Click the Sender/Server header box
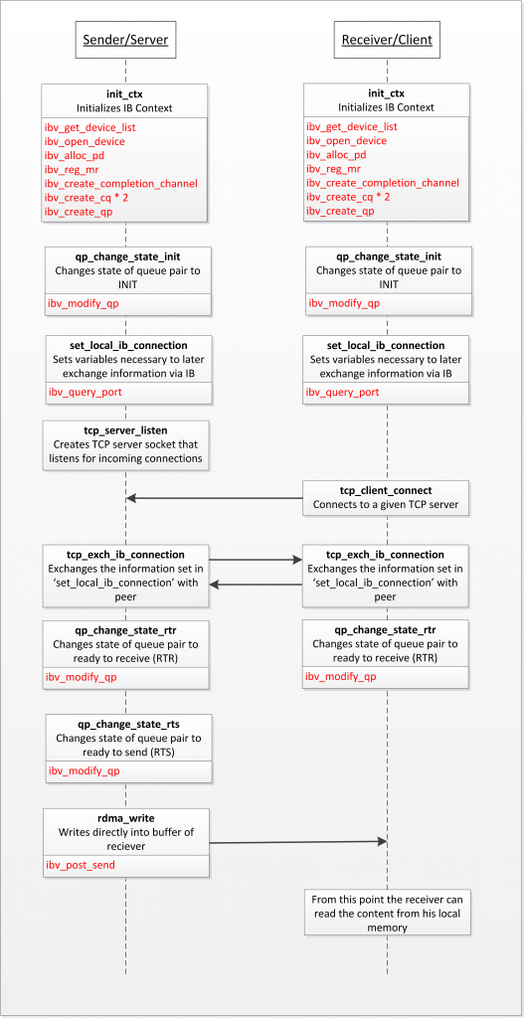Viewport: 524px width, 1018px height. (x=124, y=41)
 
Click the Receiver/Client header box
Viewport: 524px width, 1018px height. (x=387, y=41)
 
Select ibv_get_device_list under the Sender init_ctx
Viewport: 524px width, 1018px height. (x=88, y=126)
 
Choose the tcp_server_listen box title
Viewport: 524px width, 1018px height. (x=125, y=429)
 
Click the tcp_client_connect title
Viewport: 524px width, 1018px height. (x=387, y=490)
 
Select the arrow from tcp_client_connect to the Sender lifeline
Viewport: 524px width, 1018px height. (x=214, y=498)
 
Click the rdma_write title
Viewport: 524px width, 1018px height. (x=125, y=817)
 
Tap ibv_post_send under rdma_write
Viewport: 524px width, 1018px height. (x=81, y=865)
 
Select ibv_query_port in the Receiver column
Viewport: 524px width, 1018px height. (x=342, y=392)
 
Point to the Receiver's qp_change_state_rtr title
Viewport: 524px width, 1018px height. (x=386, y=629)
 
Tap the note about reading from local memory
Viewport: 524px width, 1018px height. (x=386, y=913)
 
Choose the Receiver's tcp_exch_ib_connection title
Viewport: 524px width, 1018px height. (x=386, y=555)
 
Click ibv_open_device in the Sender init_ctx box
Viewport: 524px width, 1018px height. (x=85, y=141)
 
